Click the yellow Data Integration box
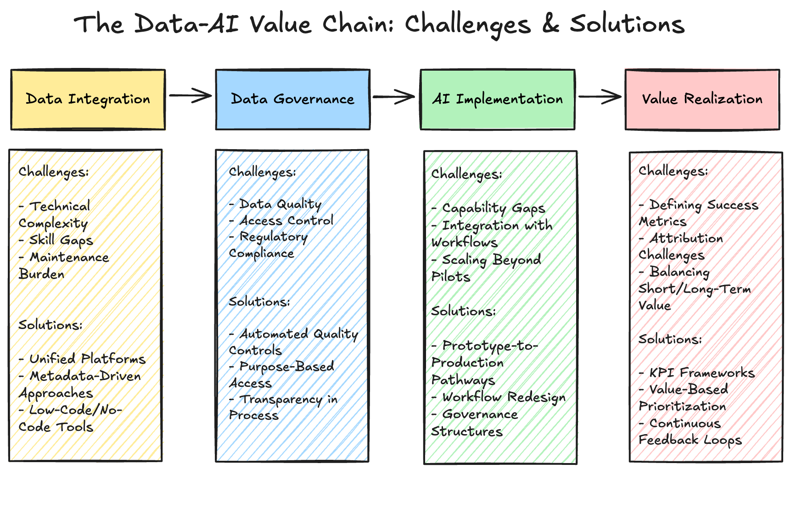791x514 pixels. tap(88, 100)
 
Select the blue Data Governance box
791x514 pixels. tap(292, 100)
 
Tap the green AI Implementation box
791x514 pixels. tap(497, 100)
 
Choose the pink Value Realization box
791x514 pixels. tap(702, 100)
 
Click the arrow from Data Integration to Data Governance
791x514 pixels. tap(190, 96)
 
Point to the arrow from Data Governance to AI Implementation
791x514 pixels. tap(394, 97)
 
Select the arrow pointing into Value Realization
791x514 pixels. tap(599, 97)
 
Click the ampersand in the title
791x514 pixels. tap(550, 24)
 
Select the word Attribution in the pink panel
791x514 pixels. tap(686, 239)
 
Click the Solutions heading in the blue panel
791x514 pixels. tap(259, 302)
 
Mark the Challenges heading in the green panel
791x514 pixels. tap(466, 174)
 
